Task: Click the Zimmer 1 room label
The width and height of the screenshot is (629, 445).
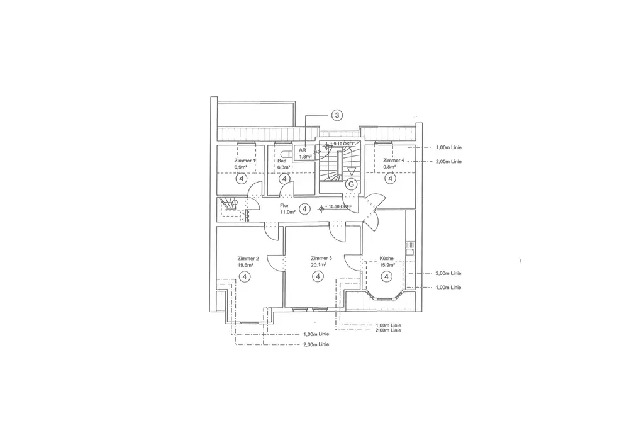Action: (x=245, y=161)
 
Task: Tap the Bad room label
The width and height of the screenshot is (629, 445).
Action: (x=282, y=161)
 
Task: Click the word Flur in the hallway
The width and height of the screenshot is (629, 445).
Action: (x=284, y=205)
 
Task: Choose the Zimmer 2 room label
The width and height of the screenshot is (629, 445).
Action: (x=247, y=259)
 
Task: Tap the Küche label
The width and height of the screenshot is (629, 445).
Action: (x=386, y=259)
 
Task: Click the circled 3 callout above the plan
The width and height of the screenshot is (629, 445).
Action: (x=337, y=115)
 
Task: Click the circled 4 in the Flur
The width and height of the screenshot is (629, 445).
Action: (x=304, y=208)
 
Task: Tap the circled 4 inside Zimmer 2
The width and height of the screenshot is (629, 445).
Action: (x=245, y=276)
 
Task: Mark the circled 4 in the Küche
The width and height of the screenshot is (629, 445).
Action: (x=386, y=276)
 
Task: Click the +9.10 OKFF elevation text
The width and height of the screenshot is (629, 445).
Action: (x=343, y=144)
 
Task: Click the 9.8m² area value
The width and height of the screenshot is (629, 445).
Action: (x=390, y=167)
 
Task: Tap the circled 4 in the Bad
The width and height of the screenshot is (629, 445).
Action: (x=284, y=179)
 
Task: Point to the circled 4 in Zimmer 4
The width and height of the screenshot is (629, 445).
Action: (x=390, y=179)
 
